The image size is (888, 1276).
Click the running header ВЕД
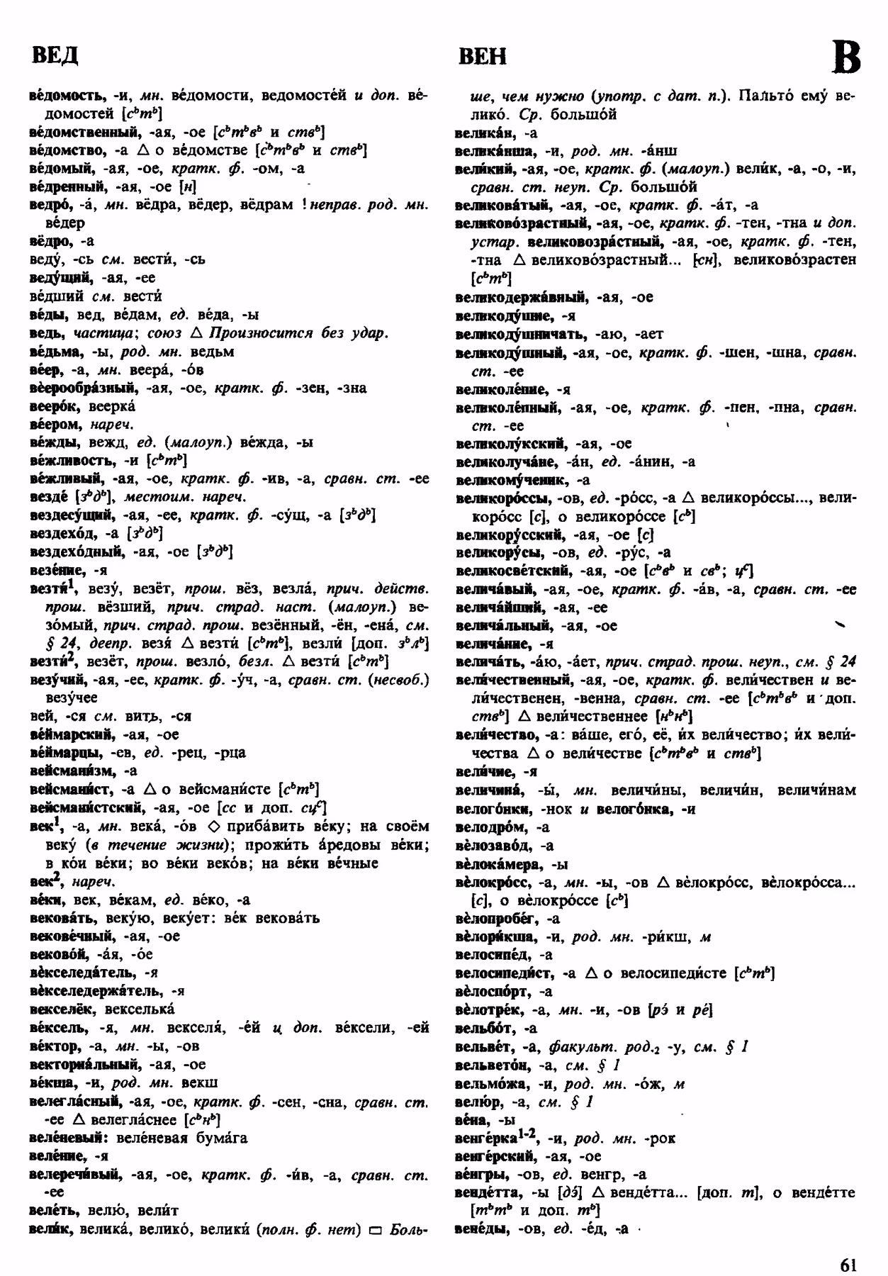tap(55, 55)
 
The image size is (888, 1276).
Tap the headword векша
tap(52, 1083)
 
